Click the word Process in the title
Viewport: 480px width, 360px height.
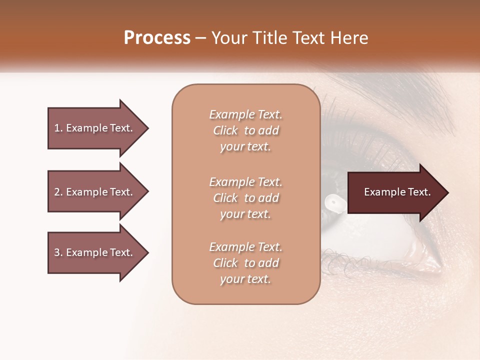[x=157, y=38]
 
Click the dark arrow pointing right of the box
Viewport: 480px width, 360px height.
[x=397, y=192]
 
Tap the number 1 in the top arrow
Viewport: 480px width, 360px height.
[x=57, y=128]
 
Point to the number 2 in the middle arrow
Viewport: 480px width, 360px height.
[x=57, y=192]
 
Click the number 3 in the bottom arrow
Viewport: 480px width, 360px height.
[x=57, y=252]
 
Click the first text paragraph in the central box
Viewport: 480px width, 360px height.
[x=245, y=130]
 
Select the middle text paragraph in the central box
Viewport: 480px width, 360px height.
[x=245, y=197]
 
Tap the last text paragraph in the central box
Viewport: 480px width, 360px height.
[x=245, y=263]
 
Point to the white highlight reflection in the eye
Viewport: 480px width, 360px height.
[x=332, y=201]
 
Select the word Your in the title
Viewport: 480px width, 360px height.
[x=228, y=38]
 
